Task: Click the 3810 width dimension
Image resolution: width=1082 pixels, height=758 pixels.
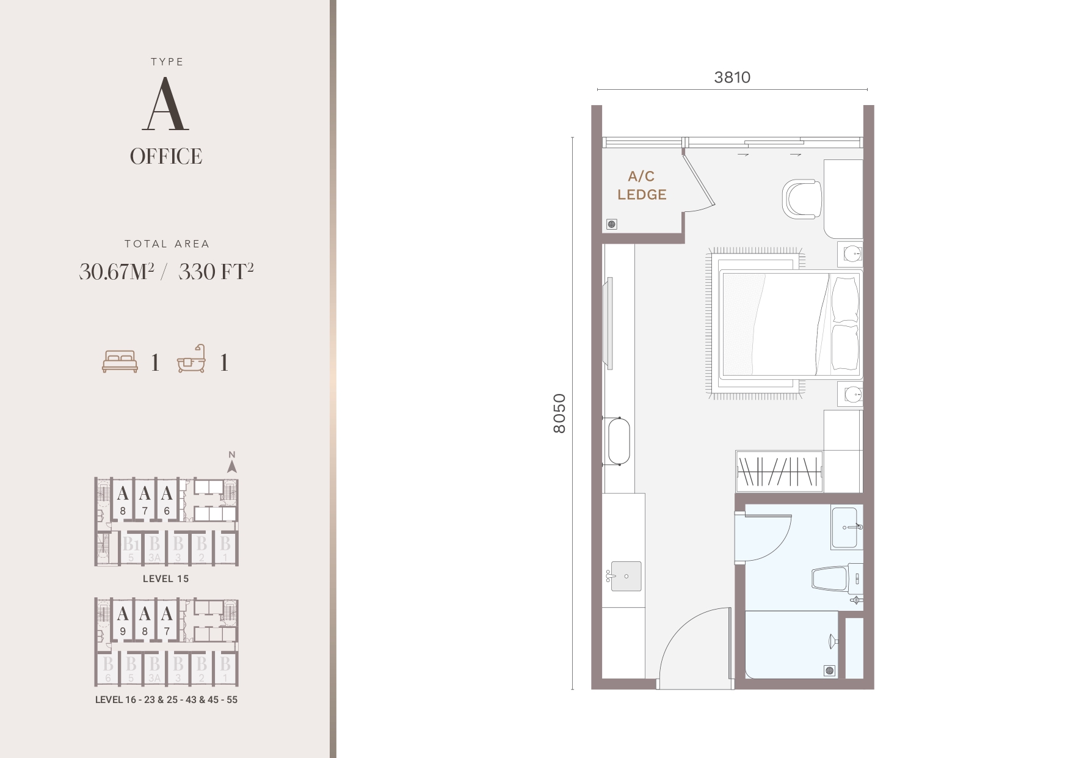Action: (732, 78)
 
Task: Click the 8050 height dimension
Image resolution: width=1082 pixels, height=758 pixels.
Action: (559, 414)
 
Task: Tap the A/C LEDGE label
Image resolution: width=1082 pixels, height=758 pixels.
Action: (642, 186)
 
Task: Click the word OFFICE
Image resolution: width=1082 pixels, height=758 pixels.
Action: (166, 156)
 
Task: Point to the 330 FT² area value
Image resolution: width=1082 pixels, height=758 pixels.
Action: (216, 271)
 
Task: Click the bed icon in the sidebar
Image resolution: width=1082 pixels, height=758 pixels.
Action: (120, 362)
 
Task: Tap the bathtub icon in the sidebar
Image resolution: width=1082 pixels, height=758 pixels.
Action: (192, 359)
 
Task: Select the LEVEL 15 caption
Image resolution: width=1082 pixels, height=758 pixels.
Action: (166, 578)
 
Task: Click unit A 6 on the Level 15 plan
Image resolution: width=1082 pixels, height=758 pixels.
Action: (167, 500)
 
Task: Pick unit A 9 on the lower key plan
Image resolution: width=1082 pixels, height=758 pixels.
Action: (123, 620)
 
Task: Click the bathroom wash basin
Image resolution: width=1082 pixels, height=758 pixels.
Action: (847, 527)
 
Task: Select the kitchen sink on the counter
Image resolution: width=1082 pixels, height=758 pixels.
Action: (626, 577)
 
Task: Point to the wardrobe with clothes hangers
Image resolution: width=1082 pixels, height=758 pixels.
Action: (779, 471)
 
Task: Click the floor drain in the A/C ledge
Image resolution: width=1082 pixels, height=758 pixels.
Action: (612, 224)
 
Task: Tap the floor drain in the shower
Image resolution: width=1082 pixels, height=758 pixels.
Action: (830, 671)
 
